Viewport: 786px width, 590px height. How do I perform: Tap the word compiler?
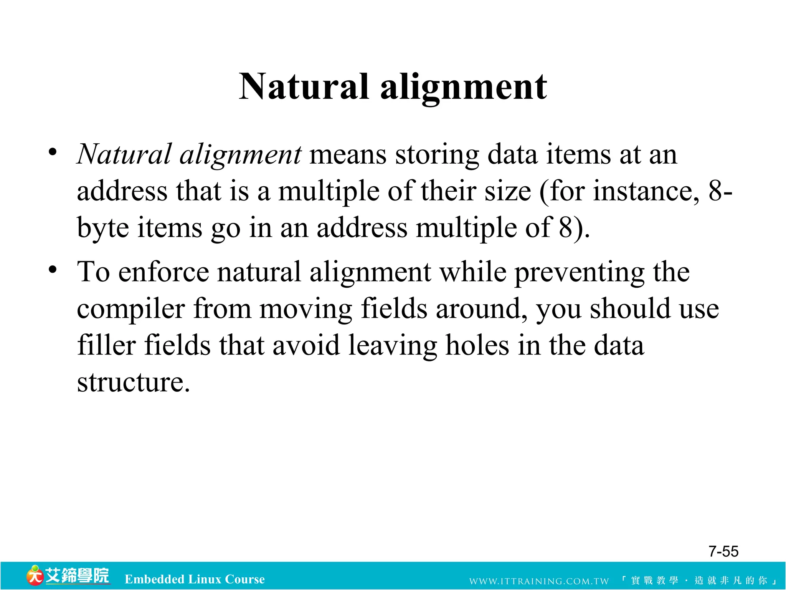[131, 309]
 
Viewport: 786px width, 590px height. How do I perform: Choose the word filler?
[106, 345]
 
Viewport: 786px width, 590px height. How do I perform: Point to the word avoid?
[306, 345]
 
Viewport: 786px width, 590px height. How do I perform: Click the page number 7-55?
[723, 552]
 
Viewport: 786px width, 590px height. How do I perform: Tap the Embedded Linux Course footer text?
[195, 579]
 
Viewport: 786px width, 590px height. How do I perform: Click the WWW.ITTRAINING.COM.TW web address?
[539, 581]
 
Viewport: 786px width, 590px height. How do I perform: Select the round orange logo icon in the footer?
[35, 576]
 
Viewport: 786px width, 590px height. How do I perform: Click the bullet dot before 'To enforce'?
[53, 270]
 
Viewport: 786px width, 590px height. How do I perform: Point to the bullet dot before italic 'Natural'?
[53, 152]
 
